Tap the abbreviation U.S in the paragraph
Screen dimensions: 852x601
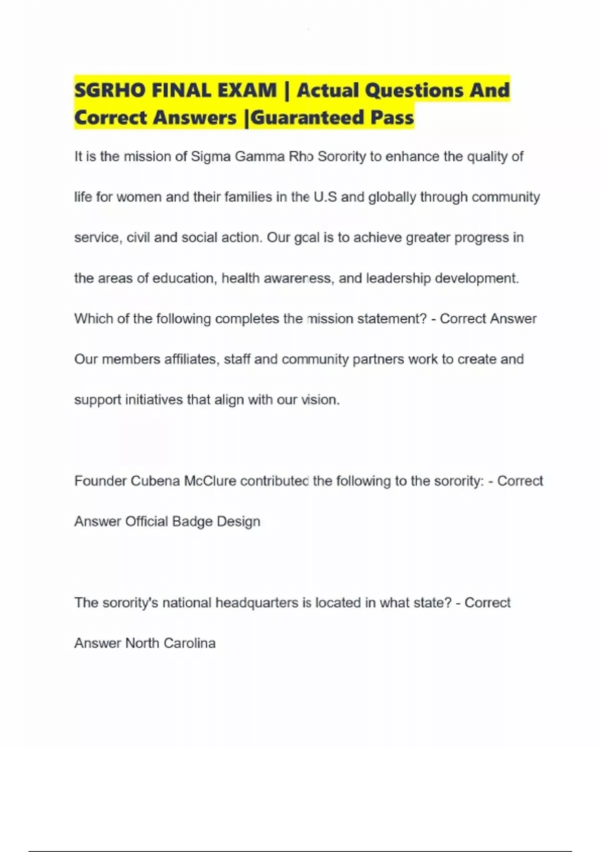click(x=325, y=197)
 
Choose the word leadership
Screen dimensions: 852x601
click(x=398, y=278)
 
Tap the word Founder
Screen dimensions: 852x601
click(x=100, y=481)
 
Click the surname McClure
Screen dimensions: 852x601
click(x=210, y=481)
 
